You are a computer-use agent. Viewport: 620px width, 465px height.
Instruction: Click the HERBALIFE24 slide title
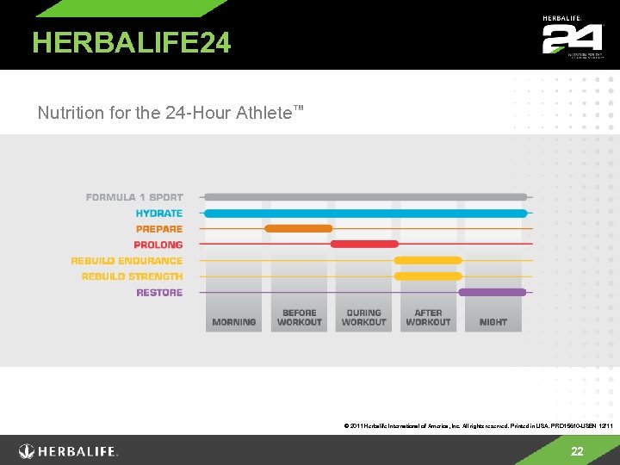coord(132,42)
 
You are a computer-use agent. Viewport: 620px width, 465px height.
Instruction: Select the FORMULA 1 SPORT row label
coord(134,197)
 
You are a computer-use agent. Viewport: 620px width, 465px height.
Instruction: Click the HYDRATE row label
coord(158,213)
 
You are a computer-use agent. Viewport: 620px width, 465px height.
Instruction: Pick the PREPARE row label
coord(159,229)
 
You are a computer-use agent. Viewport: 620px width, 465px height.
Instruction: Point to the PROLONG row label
coord(158,245)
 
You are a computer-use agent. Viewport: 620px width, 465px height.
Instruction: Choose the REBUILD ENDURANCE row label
coord(127,261)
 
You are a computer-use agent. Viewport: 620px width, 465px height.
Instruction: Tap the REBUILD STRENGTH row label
coord(132,276)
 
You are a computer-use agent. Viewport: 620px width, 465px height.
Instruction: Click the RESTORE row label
coord(159,293)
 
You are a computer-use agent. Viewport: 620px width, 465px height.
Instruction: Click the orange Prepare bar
coord(299,229)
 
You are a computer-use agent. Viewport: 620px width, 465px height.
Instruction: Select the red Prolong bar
coord(364,245)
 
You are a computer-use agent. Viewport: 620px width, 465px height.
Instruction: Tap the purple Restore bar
coord(493,293)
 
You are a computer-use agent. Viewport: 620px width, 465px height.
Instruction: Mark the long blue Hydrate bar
coord(365,213)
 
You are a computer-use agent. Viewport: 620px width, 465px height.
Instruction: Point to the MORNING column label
coord(234,322)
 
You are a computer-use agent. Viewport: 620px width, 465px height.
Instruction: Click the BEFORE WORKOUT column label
coord(300,318)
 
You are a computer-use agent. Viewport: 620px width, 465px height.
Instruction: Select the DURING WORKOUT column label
coord(364,318)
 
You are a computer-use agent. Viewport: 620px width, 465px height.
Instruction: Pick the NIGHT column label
coord(493,322)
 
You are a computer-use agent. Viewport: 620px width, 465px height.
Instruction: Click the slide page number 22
coord(577,452)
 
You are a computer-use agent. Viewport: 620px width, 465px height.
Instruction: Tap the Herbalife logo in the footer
coord(69,451)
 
